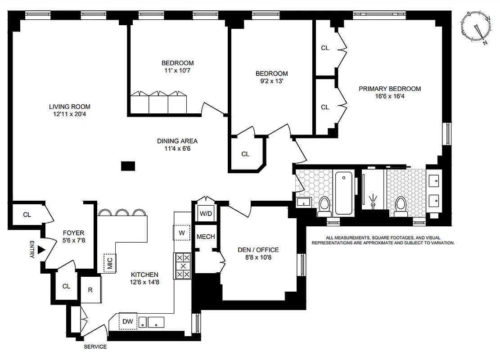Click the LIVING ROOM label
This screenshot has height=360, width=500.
70,107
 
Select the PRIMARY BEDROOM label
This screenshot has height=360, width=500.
390,89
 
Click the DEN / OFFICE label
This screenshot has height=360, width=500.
258,250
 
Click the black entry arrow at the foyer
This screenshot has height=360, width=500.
42,249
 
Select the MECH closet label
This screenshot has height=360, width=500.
206,237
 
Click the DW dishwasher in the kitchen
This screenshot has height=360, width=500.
127,321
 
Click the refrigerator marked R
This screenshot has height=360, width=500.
90,289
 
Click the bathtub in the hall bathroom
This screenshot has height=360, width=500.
343,193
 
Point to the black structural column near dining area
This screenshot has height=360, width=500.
128,166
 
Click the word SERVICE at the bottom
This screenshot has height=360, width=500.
95,346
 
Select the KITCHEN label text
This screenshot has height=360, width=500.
144,274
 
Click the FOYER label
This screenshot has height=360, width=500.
73,233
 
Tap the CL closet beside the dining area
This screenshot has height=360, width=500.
245,154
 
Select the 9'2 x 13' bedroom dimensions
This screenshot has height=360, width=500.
271,81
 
